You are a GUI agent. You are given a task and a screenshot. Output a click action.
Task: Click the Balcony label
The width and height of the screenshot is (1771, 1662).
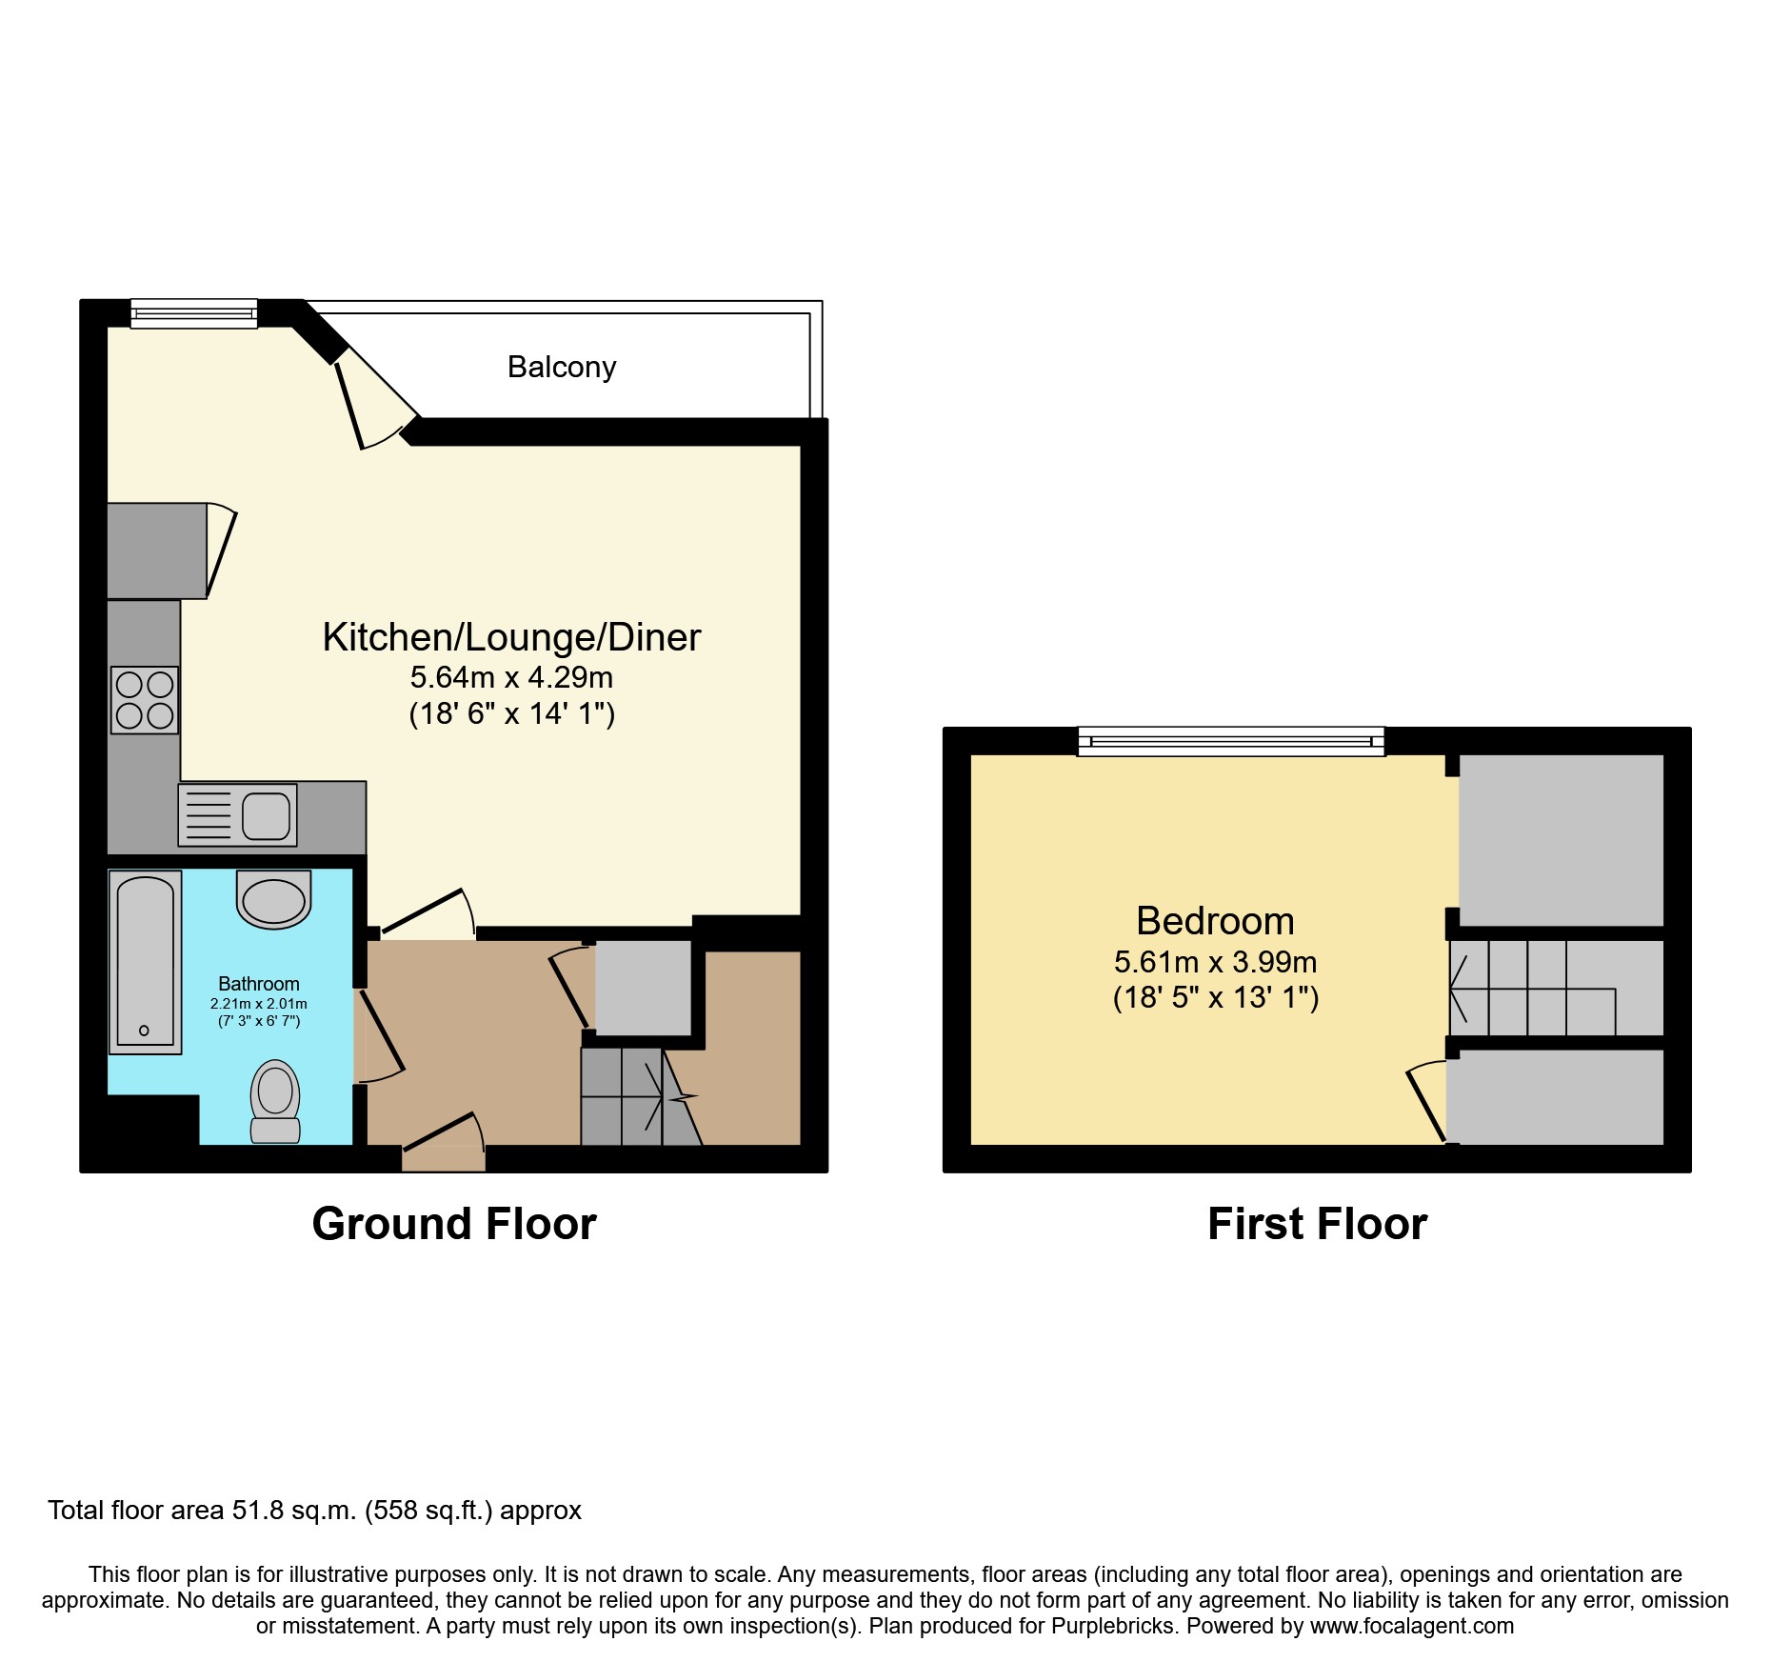coord(561,367)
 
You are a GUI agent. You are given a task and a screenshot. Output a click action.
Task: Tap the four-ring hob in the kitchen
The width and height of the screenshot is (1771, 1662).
coord(145,700)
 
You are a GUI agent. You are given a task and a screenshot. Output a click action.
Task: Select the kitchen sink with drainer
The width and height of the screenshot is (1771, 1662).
coord(237,815)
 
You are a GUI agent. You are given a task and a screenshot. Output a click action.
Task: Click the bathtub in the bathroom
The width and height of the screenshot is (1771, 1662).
coord(146,962)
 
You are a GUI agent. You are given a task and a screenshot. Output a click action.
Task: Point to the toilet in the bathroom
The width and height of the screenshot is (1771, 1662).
coord(275,1101)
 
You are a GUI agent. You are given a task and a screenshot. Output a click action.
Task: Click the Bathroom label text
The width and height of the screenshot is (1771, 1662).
coord(258,984)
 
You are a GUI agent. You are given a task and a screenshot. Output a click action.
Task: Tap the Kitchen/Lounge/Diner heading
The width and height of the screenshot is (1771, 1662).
coord(511,637)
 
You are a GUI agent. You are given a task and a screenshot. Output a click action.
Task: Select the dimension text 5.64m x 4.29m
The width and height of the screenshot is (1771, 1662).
coord(511,677)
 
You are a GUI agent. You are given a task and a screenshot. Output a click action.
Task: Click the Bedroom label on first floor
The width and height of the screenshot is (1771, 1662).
coord(1215,921)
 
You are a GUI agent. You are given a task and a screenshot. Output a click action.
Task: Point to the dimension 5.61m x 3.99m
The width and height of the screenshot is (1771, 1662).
coord(1215,962)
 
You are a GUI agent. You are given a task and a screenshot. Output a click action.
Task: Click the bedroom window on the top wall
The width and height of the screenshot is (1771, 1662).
coord(1230,741)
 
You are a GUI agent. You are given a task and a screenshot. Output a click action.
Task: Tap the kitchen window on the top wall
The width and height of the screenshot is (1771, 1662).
coord(193,313)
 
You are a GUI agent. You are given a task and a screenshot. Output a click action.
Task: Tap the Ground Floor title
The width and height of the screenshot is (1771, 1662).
coord(454,1224)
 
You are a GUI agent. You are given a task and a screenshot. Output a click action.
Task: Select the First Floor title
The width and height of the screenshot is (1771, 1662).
coord(1317,1224)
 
